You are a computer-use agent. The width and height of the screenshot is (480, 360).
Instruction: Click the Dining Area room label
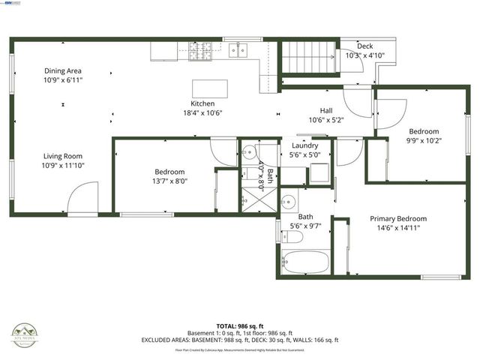click(x=63, y=70)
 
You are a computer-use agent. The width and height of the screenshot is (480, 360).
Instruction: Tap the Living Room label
click(x=63, y=156)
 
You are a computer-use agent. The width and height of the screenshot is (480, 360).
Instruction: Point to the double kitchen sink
click(x=238, y=50)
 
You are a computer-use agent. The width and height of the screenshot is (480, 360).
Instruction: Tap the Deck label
click(x=364, y=46)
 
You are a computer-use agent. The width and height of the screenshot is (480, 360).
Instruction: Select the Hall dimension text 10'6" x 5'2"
click(x=325, y=119)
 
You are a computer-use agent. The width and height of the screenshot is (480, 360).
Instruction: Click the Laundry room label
click(x=304, y=145)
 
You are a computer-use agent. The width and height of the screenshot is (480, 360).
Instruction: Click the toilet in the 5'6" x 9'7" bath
click(x=295, y=237)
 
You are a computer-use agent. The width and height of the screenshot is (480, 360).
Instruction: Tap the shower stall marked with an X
click(x=248, y=199)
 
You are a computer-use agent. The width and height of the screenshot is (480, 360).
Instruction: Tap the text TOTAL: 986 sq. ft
click(x=239, y=325)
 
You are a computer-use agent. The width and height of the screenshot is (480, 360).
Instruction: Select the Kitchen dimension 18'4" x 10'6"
click(x=202, y=112)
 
